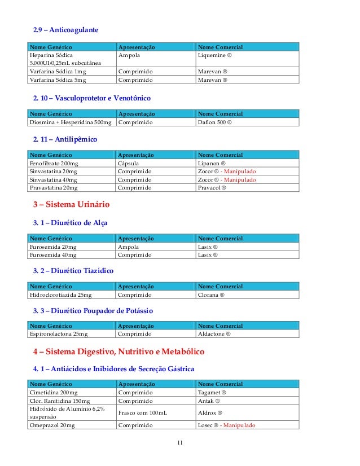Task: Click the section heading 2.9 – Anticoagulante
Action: coord(65,29)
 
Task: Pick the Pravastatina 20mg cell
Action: coord(54,187)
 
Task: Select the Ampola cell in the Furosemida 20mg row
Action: coord(128,247)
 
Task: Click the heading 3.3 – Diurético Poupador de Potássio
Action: coord(93,311)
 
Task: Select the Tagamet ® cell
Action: coord(212,393)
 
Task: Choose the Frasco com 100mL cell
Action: coord(143,413)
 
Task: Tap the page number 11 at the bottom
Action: coord(180,442)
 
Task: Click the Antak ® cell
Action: coord(209,401)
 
